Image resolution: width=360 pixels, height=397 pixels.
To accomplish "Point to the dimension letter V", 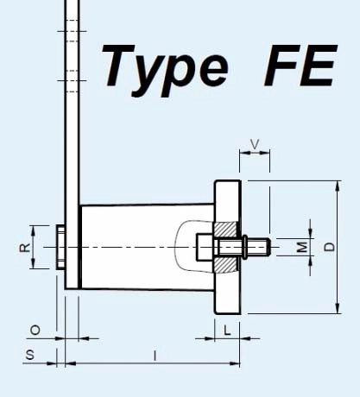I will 254,143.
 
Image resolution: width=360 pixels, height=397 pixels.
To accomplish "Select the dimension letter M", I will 301,248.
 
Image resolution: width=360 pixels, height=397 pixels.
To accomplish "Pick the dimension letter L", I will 226,331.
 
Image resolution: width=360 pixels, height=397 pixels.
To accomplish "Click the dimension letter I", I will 155,355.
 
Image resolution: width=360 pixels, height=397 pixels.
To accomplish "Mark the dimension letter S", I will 29,355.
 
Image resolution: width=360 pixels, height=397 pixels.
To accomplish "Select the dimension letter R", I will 25,247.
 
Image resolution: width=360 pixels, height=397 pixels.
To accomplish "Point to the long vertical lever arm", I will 72,129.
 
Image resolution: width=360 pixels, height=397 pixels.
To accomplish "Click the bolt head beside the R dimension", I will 60,247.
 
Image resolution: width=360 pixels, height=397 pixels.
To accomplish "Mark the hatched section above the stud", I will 226,230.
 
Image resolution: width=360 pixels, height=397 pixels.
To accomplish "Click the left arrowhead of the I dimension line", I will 69,363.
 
